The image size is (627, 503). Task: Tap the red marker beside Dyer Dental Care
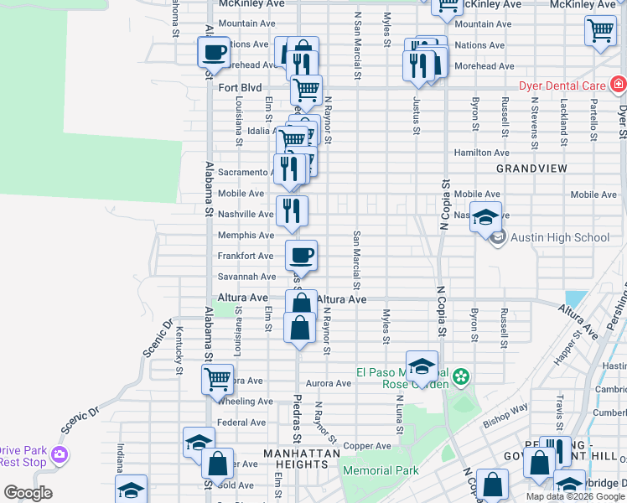click(x=618, y=84)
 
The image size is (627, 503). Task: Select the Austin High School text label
click(x=560, y=237)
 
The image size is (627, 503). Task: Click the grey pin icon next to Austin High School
click(x=498, y=238)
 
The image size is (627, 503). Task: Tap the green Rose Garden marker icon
click(x=460, y=378)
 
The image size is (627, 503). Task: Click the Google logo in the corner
click(x=28, y=493)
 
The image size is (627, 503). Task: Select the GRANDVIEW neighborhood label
click(x=531, y=169)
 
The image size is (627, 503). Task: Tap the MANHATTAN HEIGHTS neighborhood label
click(x=302, y=454)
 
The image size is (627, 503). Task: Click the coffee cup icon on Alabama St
click(x=214, y=52)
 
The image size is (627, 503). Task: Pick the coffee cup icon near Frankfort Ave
click(x=301, y=254)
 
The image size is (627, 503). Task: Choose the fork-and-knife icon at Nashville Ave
click(x=292, y=210)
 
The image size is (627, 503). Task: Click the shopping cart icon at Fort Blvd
click(x=307, y=89)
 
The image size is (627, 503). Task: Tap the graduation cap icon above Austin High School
click(x=485, y=216)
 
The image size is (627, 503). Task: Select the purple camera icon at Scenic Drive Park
click(x=59, y=455)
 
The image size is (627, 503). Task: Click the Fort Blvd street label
click(x=240, y=87)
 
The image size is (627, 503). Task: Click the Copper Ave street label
click(x=367, y=446)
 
